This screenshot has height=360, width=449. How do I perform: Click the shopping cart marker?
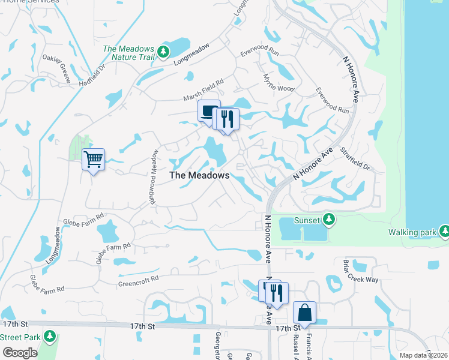coord(93,160)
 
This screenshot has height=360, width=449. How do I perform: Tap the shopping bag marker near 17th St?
coord(304,313)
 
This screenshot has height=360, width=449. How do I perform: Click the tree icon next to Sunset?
coord(328,220)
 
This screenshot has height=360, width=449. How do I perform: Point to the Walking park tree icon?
coord(444,232)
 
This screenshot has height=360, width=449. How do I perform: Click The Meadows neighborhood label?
coord(199,175)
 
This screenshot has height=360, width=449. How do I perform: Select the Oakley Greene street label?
coord(56,68)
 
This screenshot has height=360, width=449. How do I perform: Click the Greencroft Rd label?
coord(138,279)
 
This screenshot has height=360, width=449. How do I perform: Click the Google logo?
coord(20,352)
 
